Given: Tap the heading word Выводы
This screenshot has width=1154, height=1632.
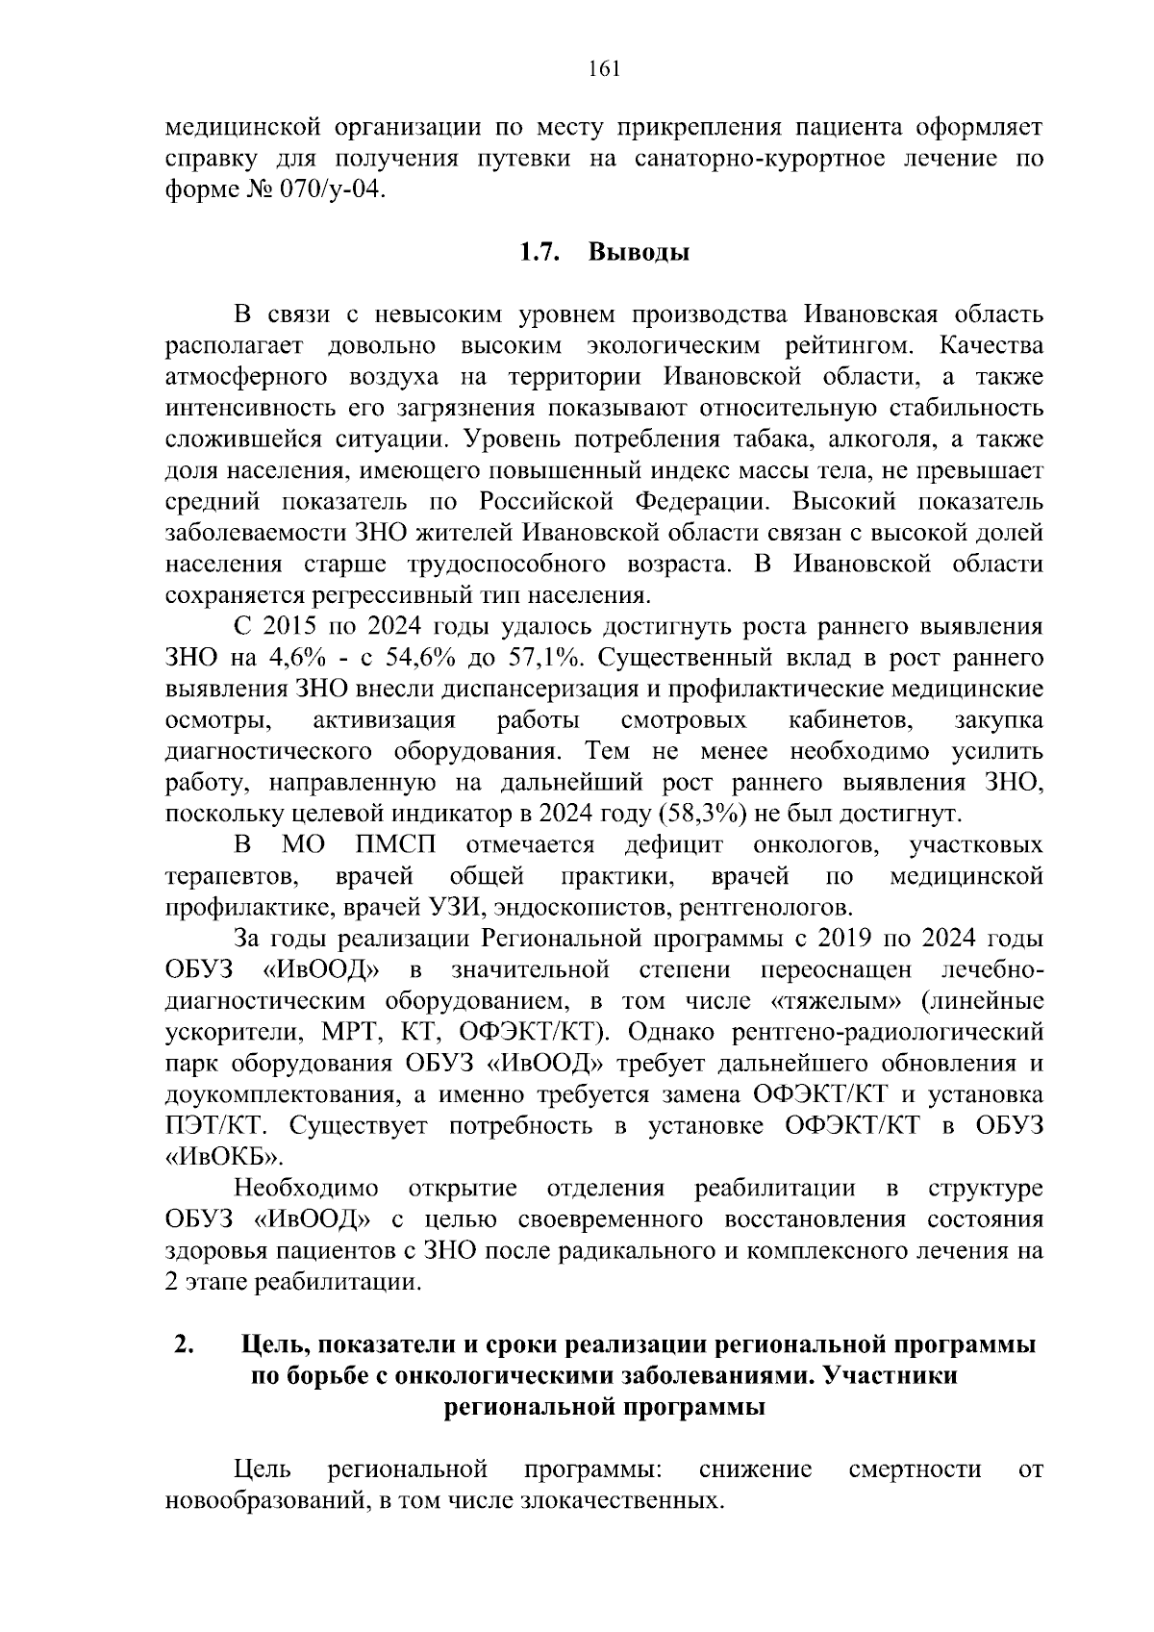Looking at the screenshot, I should [639, 253].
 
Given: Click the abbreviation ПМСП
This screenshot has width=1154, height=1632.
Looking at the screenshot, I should [394, 845].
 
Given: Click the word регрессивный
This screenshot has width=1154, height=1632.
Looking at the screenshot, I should [350, 595].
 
